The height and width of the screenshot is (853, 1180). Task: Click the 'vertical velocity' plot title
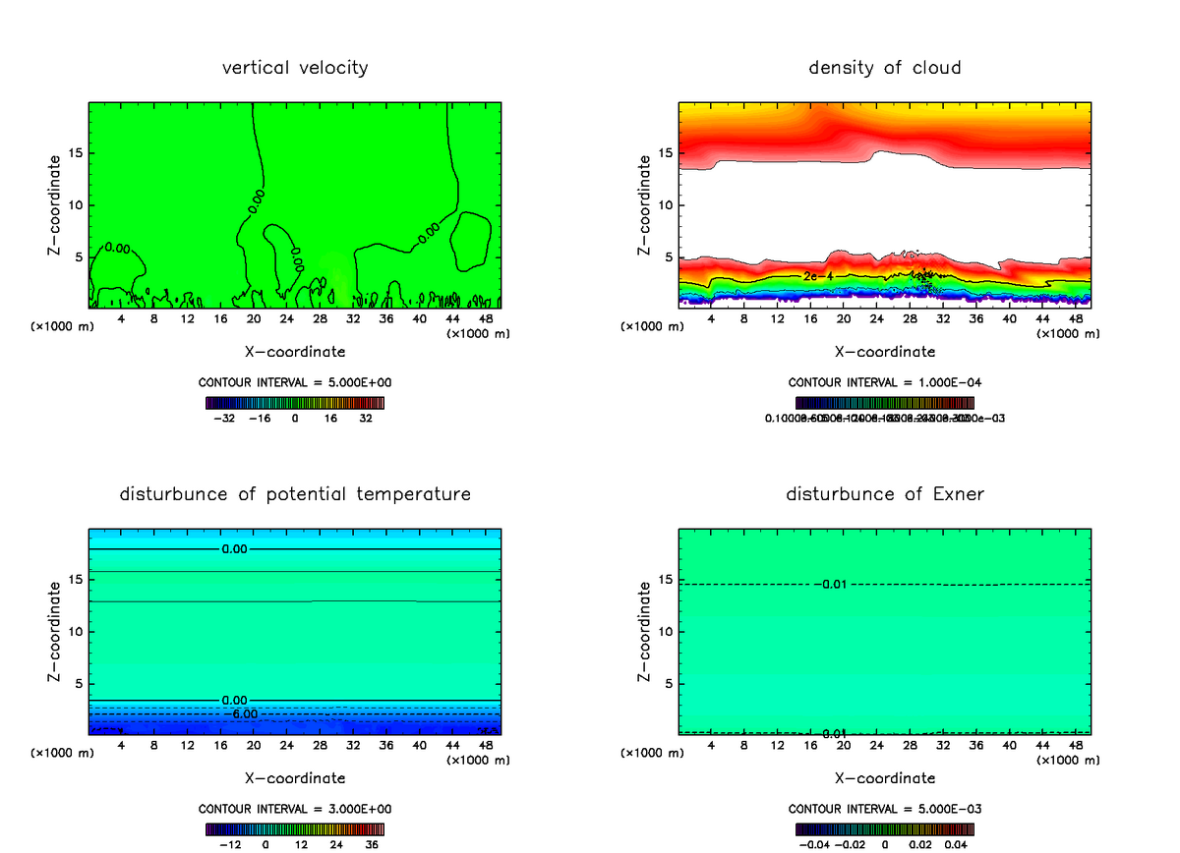(x=295, y=68)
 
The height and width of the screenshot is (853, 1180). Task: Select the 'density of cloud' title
(x=885, y=68)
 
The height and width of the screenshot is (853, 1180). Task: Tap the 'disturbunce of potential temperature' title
(x=295, y=494)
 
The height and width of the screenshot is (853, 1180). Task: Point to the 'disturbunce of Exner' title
(x=885, y=494)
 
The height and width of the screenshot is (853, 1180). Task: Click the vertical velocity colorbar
(x=295, y=403)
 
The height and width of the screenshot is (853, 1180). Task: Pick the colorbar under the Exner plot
(x=885, y=829)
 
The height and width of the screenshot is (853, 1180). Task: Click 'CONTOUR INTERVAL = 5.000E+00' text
(x=295, y=382)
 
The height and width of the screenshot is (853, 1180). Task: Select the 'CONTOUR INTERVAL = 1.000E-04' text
(x=885, y=382)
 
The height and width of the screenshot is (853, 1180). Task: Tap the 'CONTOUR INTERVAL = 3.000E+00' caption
(x=295, y=809)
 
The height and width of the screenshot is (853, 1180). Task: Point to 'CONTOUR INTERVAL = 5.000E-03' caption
(x=885, y=809)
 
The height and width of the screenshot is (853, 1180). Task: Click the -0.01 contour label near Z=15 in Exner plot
(x=833, y=585)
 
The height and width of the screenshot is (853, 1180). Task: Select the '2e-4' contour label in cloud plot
(x=818, y=276)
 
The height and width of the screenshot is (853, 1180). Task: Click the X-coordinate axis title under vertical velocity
(x=295, y=351)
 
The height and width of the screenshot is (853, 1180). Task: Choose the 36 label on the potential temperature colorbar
(x=372, y=843)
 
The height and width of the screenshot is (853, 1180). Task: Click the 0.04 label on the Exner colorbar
(x=955, y=843)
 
